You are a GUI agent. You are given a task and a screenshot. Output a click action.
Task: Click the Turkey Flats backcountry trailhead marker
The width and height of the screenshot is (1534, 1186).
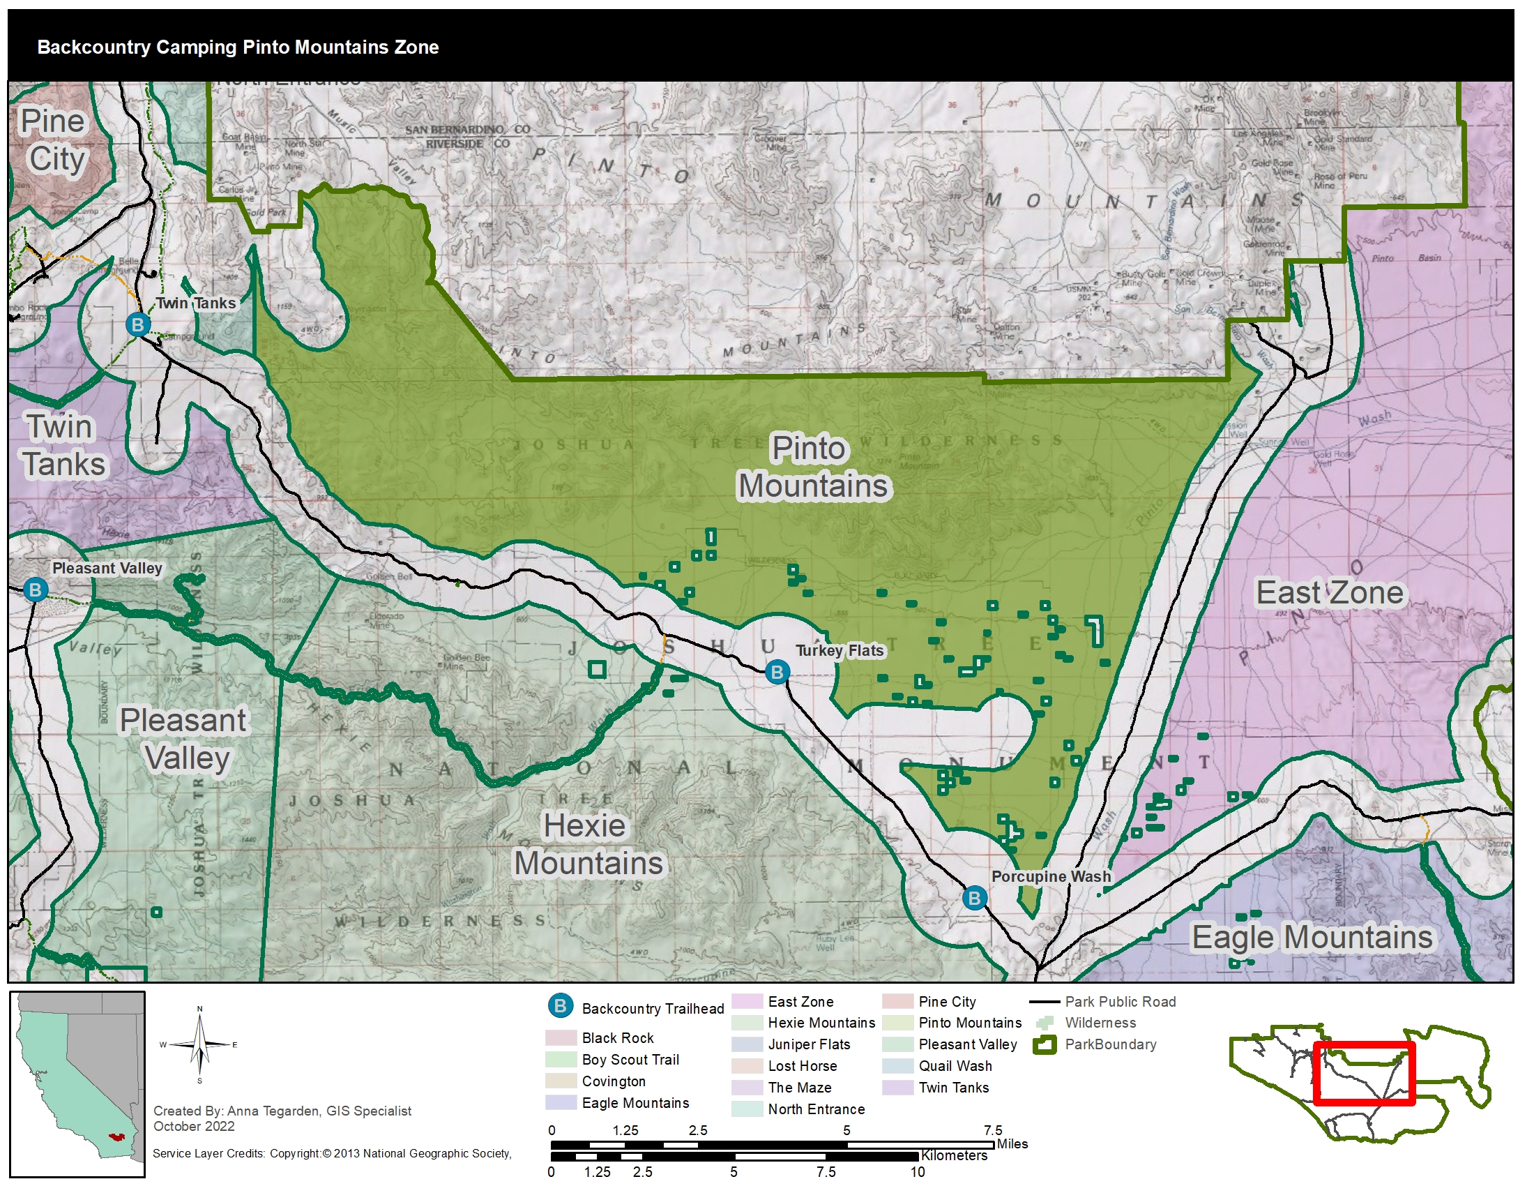pyautogui.click(x=777, y=672)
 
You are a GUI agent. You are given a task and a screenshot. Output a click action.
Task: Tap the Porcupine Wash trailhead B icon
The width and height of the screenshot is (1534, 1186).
pyautogui.click(x=974, y=897)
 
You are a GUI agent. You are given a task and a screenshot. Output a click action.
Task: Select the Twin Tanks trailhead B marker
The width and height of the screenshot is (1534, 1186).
pyautogui.click(x=138, y=324)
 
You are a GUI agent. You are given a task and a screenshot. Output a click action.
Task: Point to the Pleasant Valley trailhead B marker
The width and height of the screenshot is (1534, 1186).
pyautogui.click(x=35, y=589)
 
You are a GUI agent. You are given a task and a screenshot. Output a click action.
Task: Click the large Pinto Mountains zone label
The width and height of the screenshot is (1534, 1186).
pyautogui.click(x=812, y=467)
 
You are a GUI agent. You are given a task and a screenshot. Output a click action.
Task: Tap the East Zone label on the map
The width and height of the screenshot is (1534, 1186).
pyautogui.click(x=1329, y=592)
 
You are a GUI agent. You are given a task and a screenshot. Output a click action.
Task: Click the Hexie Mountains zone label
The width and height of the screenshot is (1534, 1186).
pyautogui.click(x=588, y=844)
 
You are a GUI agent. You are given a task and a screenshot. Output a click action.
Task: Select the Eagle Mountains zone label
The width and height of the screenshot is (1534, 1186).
pyautogui.click(x=1312, y=936)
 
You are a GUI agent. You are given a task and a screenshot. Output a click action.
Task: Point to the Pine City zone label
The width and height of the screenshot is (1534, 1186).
pyautogui.click(x=55, y=140)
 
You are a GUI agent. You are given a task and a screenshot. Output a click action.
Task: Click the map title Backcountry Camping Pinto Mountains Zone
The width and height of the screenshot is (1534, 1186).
pyautogui.click(x=237, y=47)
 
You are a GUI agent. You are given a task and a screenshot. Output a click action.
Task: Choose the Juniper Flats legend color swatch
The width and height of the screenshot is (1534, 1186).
pyautogui.click(x=747, y=1044)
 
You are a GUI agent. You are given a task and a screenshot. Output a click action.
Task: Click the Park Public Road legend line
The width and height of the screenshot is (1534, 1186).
pyautogui.click(x=1045, y=1002)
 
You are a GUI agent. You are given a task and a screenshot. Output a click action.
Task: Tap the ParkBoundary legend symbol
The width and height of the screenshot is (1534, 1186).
pyautogui.click(x=1045, y=1045)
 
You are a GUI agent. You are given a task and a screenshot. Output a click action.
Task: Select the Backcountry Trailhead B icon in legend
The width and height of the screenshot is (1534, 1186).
pyautogui.click(x=561, y=1006)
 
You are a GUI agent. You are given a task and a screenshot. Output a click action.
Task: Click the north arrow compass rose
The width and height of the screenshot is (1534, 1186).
pyautogui.click(x=199, y=1045)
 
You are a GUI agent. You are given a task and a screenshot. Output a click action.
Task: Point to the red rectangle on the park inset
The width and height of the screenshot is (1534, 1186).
pyautogui.click(x=1362, y=1074)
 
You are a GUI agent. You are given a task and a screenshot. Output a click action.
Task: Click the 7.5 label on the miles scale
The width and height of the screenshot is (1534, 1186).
pyautogui.click(x=992, y=1129)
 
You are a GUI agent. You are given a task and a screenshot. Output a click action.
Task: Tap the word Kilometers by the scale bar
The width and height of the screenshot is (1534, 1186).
pyautogui.click(x=954, y=1156)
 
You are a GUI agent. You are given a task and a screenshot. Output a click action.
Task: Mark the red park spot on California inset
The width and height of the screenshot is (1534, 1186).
pyautogui.click(x=115, y=1135)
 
